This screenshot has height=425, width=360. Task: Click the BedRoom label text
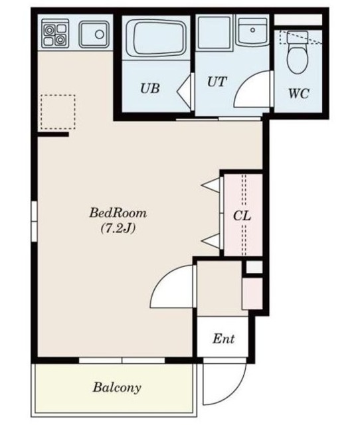(x=118, y=212)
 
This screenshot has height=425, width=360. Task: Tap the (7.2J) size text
(x=118, y=228)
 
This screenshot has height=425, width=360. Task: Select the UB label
(x=149, y=88)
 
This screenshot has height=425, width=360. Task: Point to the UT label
(x=217, y=82)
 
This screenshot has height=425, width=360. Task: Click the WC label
(x=298, y=94)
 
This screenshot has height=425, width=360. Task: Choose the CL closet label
(x=242, y=216)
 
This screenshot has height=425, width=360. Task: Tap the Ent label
(x=223, y=339)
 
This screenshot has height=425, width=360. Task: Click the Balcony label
(x=117, y=388)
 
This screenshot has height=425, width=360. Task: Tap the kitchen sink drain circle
(x=100, y=35)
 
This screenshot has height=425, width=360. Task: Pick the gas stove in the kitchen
(x=55, y=33)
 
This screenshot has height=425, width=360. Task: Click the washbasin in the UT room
(x=252, y=31)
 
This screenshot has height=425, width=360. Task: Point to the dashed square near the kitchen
(x=58, y=112)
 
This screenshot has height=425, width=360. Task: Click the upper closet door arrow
(x=211, y=185)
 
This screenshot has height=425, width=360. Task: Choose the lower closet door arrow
(x=211, y=241)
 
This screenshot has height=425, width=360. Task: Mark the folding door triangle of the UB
(x=184, y=91)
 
